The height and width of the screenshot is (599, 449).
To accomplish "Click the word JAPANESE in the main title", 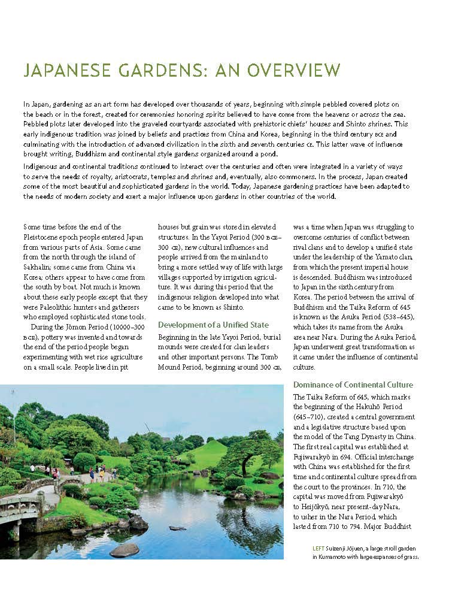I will pyautogui.click(x=66, y=71).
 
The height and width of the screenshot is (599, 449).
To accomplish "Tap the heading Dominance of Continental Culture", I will pyautogui.click(x=353, y=385).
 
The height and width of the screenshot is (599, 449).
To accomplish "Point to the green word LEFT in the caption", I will pyautogui.click(x=318, y=548).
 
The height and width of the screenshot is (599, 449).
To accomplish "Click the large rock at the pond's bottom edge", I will pyautogui.click(x=124, y=550).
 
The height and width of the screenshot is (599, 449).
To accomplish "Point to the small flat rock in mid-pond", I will pyautogui.click(x=177, y=528).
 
